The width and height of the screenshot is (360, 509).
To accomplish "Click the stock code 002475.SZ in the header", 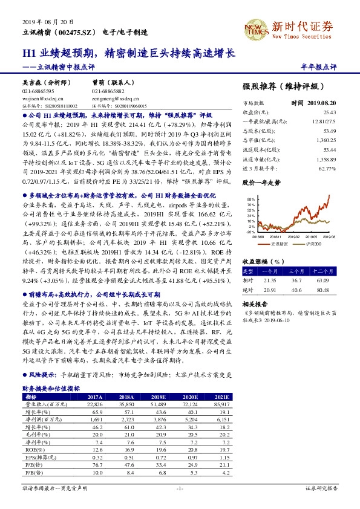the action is point(78,31).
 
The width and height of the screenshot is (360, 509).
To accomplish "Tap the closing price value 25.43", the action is point(329,112).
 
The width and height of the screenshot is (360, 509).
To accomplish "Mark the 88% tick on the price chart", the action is point(250,198).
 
